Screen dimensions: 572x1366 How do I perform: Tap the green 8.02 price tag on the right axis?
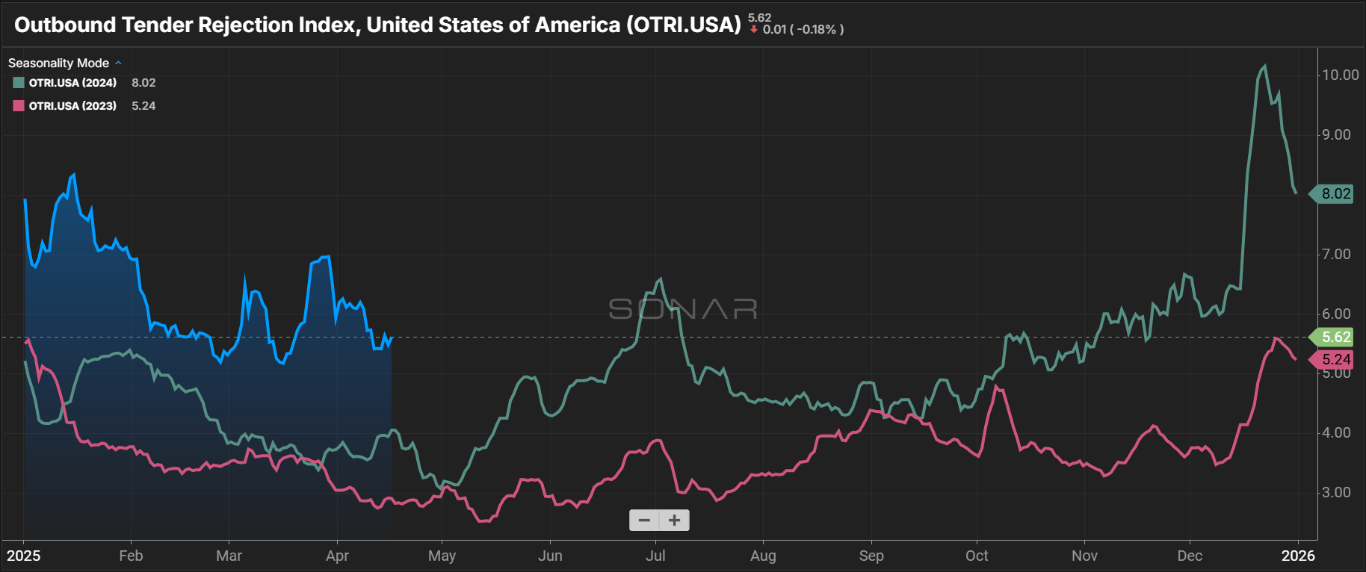click(x=1335, y=194)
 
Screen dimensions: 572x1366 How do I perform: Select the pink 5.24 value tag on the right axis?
click(x=1335, y=359)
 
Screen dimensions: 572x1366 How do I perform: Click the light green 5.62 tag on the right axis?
click(x=1335, y=337)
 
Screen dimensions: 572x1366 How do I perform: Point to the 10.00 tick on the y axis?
click(x=1340, y=75)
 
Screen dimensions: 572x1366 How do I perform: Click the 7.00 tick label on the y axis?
click(x=1336, y=254)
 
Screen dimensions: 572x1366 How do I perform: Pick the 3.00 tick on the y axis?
click(x=1336, y=492)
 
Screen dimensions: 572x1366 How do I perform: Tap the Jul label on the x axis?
click(x=655, y=556)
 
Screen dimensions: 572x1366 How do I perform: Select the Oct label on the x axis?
click(x=977, y=556)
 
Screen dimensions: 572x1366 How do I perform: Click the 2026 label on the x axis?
click(x=1298, y=556)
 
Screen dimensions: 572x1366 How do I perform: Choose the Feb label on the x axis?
click(x=131, y=556)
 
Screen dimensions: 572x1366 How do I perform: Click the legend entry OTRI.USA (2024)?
click(x=72, y=83)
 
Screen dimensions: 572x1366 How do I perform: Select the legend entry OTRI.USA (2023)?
click(x=72, y=106)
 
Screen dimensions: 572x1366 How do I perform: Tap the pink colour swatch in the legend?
click(x=19, y=106)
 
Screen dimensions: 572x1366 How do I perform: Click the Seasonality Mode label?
click(x=58, y=63)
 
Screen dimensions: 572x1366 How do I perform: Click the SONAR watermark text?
click(x=683, y=308)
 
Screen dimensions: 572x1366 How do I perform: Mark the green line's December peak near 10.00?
click(x=1264, y=66)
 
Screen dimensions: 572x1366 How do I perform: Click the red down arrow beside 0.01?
click(x=754, y=29)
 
